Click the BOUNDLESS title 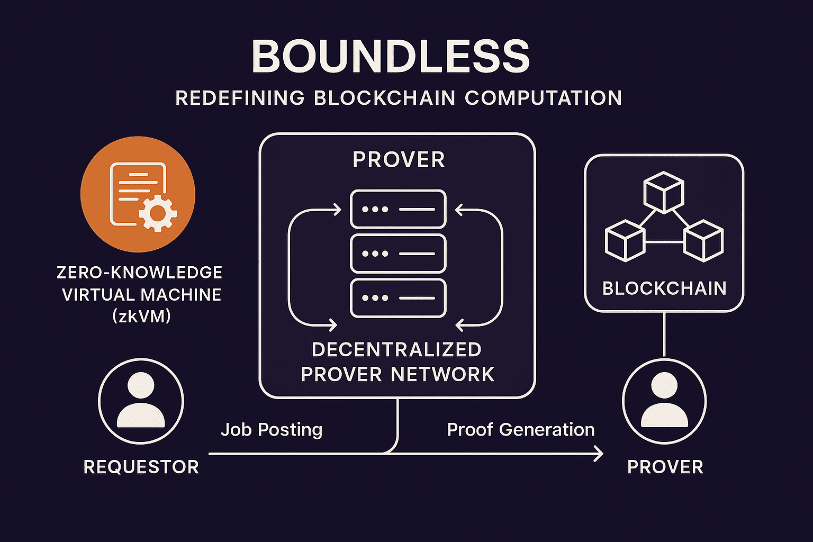click(x=391, y=56)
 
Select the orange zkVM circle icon click(x=138, y=194)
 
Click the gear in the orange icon click(x=157, y=213)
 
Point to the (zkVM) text click(x=141, y=317)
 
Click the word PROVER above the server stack click(x=399, y=160)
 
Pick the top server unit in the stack click(x=398, y=209)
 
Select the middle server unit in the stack click(x=398, y=254)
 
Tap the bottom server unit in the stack click(x=398, y=298)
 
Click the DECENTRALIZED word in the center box click(x=396, y=350)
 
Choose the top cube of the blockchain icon click(x=664, y=191)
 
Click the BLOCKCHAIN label click(x=664, y=288)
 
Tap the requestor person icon click(x=141, y=401)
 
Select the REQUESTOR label click(x=141, y=467)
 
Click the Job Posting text click(x=272, y=429)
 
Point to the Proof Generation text click(x=521, y=429)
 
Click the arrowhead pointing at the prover click(x=599, y=454)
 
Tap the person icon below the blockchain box click(x=664, y=401)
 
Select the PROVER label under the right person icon click(x=665, y=467)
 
